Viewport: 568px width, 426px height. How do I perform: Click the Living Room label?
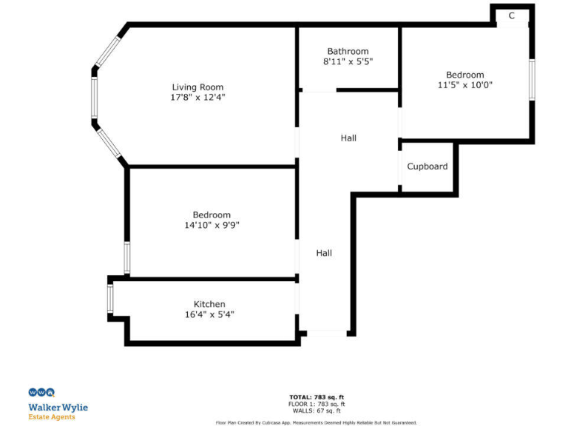197,87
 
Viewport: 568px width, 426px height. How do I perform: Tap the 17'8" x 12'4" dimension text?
197,97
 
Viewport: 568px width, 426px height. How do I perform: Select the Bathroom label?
348,52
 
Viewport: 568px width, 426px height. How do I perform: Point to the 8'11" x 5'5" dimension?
348,61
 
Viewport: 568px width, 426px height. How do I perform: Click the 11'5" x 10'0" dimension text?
464,84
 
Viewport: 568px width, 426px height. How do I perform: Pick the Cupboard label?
427,166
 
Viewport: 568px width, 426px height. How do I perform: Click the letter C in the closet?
512,16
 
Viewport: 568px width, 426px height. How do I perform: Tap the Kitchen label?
209,304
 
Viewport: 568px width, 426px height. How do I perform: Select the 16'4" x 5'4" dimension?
209,314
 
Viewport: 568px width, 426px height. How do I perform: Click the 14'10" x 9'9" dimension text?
212,225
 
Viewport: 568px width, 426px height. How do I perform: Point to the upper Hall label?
348,138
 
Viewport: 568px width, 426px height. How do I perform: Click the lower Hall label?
324,253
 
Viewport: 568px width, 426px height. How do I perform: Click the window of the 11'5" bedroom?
531,80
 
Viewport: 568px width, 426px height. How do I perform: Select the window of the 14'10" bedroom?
127,258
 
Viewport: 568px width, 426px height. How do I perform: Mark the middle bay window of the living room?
94,97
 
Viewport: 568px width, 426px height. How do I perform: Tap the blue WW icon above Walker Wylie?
41,393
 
